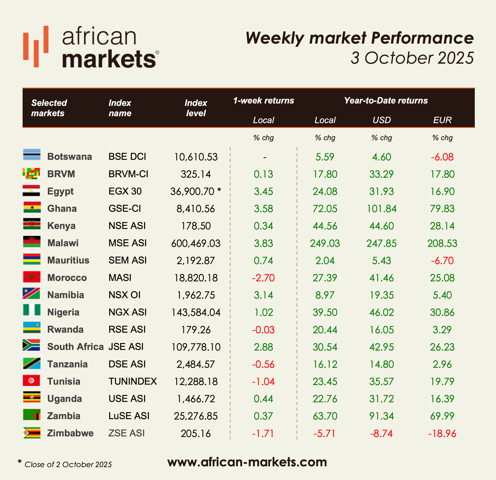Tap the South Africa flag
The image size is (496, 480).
coord(31,345)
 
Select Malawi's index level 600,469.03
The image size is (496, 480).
coord(196,243)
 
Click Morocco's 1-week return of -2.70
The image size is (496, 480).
coord(263,278)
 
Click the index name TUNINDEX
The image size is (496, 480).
coord(133,381)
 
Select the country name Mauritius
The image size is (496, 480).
coord(68,260)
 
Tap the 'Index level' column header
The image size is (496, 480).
coord(196,108)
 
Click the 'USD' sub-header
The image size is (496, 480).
coord(382,120)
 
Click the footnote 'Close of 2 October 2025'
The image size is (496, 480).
coord(68,465)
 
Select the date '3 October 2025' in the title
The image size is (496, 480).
coord(412,58)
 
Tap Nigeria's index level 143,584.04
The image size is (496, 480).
coord(196,312)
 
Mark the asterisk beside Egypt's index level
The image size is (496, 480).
coord(219,190)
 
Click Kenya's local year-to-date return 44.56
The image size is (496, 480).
coord(325,226)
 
